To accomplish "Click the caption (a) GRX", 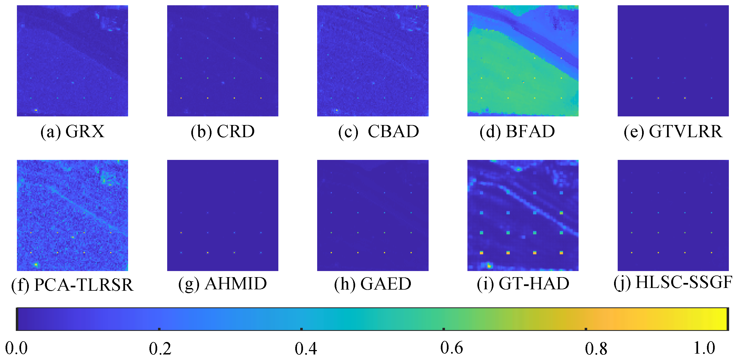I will tap(72, 132).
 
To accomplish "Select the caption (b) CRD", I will tap(223, 132).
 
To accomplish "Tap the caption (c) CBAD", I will tap(378, 132).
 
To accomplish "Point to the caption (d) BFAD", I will tap(517, 132).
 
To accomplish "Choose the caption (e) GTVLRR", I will tap(673, 132).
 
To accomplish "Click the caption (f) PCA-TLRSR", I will tap(72, 285).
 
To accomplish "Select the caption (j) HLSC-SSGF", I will tap(673, 283).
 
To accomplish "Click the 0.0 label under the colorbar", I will tap(16, 348).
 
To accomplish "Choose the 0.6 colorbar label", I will tap(452, 348).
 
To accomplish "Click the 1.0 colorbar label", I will tap(704, 348).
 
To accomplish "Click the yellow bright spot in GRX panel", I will tap(36, 110).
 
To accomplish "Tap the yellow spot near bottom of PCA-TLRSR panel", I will tap(36, 265).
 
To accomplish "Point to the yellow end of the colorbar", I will tap(722, 319).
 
